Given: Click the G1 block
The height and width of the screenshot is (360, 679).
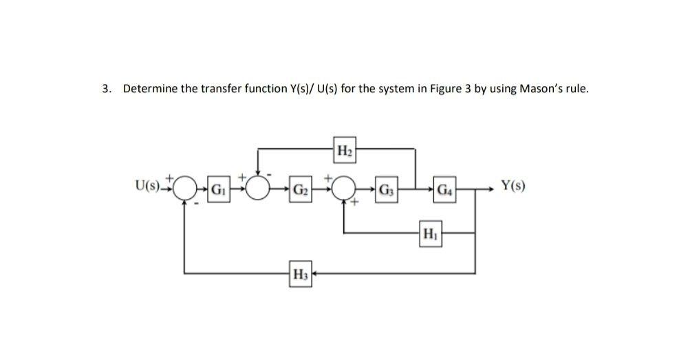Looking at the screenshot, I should (x=218, y=189).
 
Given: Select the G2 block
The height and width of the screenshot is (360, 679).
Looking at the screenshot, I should (x=299, y=189).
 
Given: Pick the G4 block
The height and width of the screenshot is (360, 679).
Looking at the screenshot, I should (x=446, y=189).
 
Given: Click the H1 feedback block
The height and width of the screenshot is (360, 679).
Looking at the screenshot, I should (x=429, y=233).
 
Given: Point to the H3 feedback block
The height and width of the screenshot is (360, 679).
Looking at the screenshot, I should (x=300, y=274).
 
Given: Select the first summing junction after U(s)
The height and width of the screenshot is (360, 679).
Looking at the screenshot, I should (x=184, y=188).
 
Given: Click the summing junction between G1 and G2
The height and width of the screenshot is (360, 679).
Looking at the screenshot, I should (x=259, y=188).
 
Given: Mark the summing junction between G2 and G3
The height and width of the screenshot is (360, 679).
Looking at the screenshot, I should (x=345, y=188).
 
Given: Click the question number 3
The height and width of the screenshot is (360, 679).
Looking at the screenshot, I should (x=105, y=89).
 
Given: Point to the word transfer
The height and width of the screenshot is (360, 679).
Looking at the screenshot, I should (x=218, y=89).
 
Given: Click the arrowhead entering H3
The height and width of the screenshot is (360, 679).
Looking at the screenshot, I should (x=314, y=274).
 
